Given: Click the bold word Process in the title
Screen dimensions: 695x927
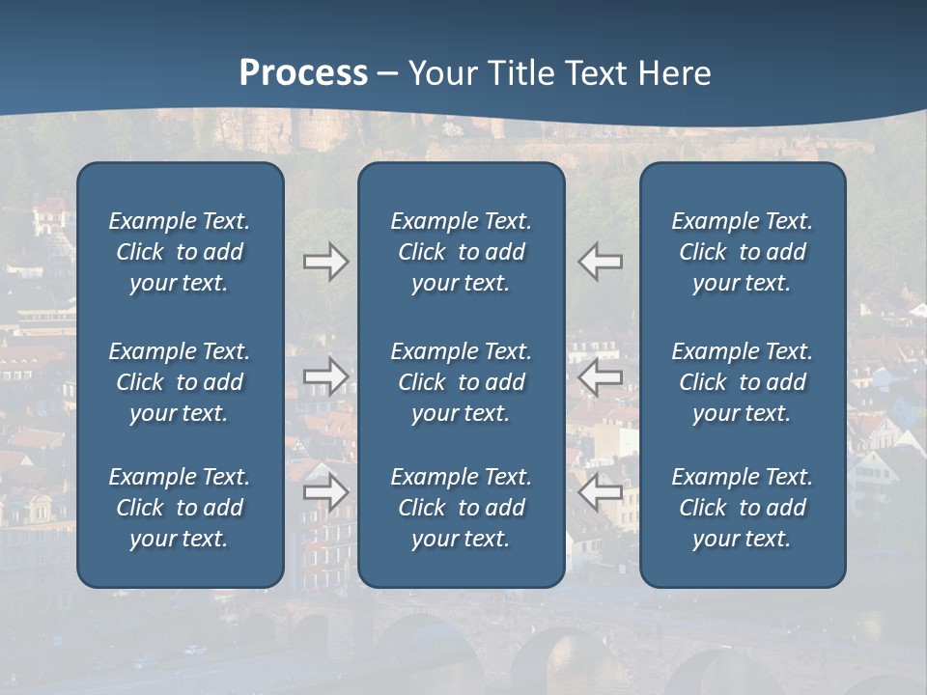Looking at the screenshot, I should pyautogui.click(x=303, y=73).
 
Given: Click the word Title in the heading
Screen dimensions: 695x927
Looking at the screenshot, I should pyautogui.click(x=522, y=73).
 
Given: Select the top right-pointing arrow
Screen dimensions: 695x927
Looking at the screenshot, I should pyautogui.click(x=325, y=262).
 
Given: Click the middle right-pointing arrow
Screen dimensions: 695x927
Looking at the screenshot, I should pyautogui.click(x=325, y=376).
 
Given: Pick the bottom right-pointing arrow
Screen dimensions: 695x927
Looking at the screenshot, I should pyautogui.click(x=325, y=492).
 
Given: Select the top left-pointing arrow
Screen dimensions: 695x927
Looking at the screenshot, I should pyautogui.click(x=601, y=262).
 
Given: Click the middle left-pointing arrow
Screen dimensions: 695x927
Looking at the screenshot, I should pyautogui.click(x=601, y=376).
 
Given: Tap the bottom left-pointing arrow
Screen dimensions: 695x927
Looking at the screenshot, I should pyautogui.click(x=601, y=492).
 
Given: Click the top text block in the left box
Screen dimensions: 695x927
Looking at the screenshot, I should pyautogui.click(x=180, y=252).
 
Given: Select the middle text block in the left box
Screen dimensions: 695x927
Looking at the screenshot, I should pyautogui.click(x=180, y=382).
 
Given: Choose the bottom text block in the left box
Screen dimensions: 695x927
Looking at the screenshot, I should pyautogui.click(x=180, y=508).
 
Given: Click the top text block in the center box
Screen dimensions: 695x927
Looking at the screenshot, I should pyautogui.click(x=462, y=252).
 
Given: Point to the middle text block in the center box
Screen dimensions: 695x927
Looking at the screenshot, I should pyautogui.click(x=462, y=382).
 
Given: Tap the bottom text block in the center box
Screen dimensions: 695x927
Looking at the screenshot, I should pyautogui.click(x=462, y=508).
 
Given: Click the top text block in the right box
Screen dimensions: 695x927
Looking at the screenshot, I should pyautogui.click(x=743, y=252).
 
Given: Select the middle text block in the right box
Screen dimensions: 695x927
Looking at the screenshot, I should pyautogui.click(x=743, y=382).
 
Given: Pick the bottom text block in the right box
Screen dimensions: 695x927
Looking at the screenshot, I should pyautogui.click(x=743, y=508).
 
